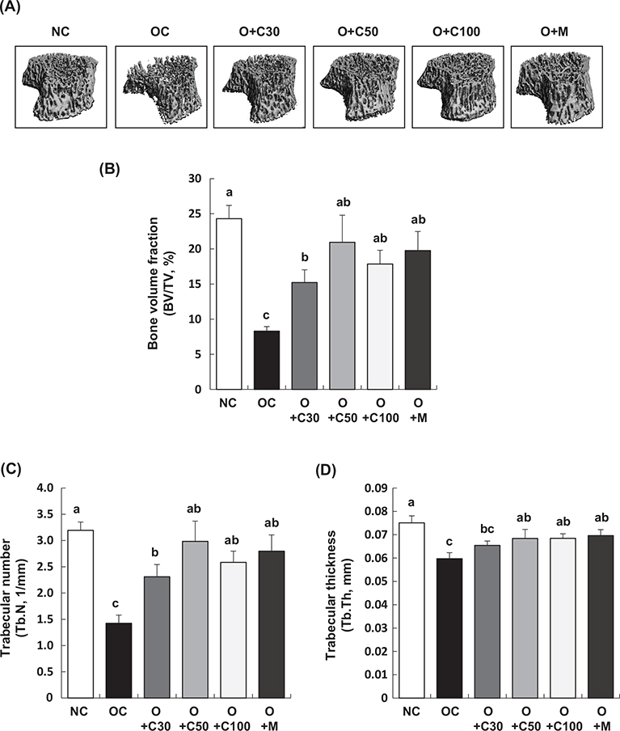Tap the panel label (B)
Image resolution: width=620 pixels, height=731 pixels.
110,171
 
